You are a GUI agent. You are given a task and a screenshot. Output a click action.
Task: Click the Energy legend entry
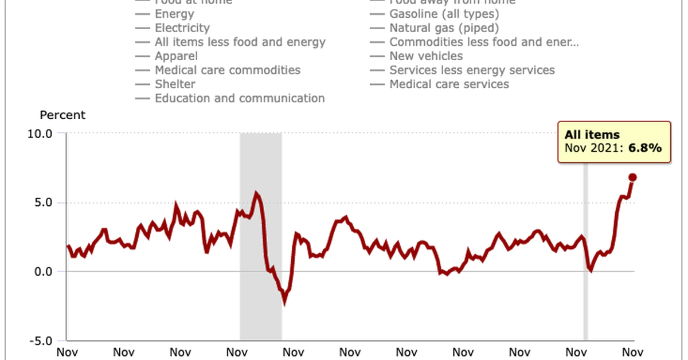point(174,14)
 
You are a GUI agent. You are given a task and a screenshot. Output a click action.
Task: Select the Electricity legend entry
point(182,28)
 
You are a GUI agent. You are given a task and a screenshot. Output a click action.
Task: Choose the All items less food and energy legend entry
point(240,42)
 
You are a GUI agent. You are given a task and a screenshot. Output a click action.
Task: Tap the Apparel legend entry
point(176,56)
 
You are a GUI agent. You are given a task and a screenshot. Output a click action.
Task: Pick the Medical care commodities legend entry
point(227,70)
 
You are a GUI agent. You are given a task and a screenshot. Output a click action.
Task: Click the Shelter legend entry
point(175,84)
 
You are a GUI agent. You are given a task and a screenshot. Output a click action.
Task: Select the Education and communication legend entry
point(239,98)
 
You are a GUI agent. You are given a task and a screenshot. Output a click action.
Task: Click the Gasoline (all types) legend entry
point(444,14)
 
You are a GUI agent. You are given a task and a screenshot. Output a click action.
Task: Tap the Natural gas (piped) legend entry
point(444,28)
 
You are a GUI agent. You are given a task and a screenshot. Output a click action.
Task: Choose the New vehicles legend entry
point(426,56)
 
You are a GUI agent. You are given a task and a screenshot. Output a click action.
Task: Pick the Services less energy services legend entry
point(472,70)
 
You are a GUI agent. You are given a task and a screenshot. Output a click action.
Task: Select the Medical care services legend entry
point(449,84)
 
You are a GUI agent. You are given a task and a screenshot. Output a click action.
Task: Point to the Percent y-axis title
point(62,115)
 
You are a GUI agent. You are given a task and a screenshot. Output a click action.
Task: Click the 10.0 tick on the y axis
point(41,134)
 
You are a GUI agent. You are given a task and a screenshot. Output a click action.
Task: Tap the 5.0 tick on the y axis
point(44,202)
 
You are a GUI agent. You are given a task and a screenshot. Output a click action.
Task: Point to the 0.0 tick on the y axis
point(44,272)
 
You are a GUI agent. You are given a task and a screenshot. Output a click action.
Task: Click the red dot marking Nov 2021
point(632,177)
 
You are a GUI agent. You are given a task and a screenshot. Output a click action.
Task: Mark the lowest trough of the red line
point(284,302)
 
